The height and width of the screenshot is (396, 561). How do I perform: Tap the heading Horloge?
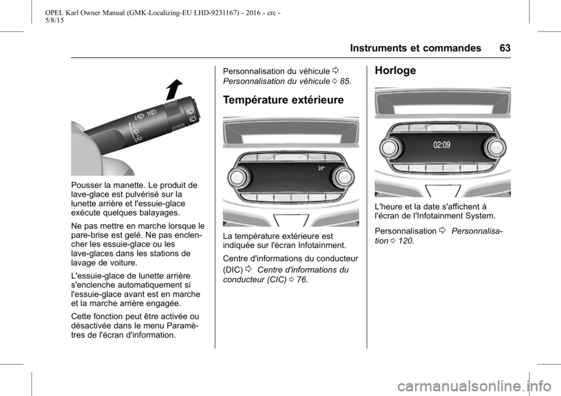tap(396, 71)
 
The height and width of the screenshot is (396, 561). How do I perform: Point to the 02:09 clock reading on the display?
tap(441, 144)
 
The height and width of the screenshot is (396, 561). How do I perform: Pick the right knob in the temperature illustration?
tap(345, 176)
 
